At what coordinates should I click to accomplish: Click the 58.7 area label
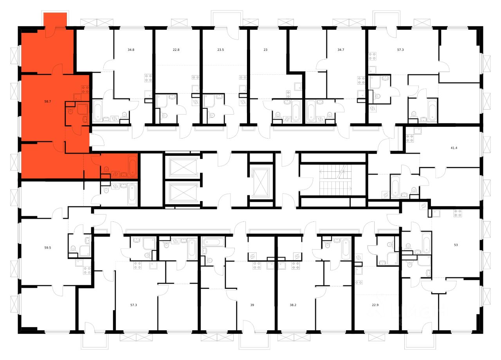point(48,101)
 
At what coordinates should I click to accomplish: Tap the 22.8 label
point(176,50)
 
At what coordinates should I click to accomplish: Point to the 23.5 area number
point(220,50)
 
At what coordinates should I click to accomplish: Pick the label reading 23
point(265,50)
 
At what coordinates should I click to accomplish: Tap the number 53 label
point(456,245)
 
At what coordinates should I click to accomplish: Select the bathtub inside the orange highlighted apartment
point(132,166)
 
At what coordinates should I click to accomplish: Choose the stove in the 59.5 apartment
point(87,270)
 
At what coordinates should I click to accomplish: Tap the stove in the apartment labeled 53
point(458,213)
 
